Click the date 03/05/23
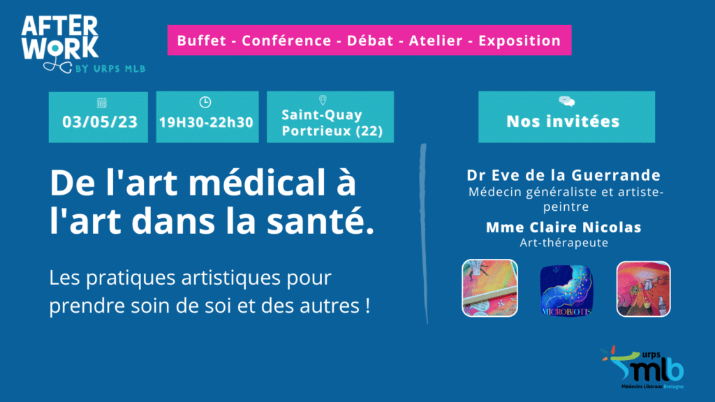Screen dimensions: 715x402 click(x=100, y=121)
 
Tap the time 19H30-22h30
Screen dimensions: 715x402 click(x=206, y=122)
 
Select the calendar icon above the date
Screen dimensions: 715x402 click(x=102, y=103)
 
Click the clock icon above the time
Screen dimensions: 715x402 click(x=205, y=102)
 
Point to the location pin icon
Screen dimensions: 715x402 click(x=323, y=100)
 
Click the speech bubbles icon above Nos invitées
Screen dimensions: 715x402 click(x=566, y=101)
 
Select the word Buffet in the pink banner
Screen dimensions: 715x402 click(x=202, y=40)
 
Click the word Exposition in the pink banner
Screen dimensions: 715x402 click(x=519, y=40)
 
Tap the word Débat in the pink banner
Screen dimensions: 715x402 click(x=370, y=40)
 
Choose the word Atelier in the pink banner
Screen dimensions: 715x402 click(x=436, y=40)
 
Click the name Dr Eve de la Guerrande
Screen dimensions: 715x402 click(x=563, y=175)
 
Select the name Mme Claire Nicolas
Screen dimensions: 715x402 click(x=563, y=227)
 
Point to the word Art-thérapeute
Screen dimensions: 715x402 click(x=564, y=242)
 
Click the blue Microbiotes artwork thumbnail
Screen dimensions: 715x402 click(x=566, y=290)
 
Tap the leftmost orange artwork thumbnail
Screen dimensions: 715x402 click(x=489, y=288)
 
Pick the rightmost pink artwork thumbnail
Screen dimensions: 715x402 click(x=643, y=289)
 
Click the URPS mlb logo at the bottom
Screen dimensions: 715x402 click(x=643, y=367)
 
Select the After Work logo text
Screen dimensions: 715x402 click(x=60, y=38)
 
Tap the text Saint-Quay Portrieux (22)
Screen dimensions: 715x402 click(x=332, y=123)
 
